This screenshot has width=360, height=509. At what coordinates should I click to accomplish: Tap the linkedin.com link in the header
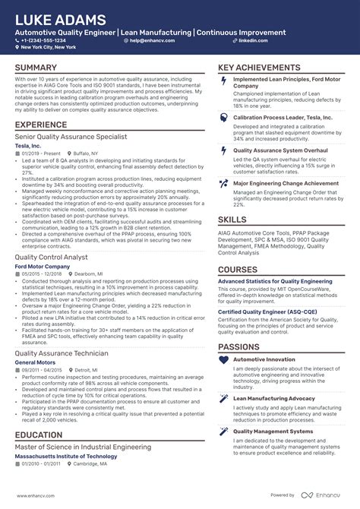(x=254, y=40)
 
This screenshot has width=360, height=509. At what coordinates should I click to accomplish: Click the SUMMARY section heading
(x=36, y=68)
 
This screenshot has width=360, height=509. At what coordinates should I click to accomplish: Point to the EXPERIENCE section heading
(x=41, y=125)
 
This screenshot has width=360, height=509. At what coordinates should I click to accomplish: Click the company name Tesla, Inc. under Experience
(x=28, y=144)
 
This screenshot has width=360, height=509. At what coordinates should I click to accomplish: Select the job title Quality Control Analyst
(x=51, y=257)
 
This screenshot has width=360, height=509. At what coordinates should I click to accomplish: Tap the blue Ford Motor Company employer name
(x=42, y=266)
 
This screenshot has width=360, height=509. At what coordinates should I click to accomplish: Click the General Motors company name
(x=35, y=362)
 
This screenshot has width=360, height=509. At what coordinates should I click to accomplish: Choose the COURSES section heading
(x=238, y=270)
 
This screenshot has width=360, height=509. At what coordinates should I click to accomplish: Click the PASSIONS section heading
(x=239, y=346)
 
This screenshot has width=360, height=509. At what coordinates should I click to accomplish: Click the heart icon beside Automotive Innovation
(x=223, y=359)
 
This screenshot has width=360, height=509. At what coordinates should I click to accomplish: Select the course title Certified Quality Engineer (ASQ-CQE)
(x=268, y=311)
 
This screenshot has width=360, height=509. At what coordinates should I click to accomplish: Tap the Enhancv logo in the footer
(x=324, y=495)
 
